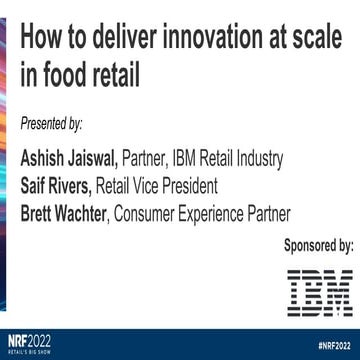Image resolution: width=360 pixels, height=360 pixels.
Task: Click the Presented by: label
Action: click(x=52, y=123)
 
